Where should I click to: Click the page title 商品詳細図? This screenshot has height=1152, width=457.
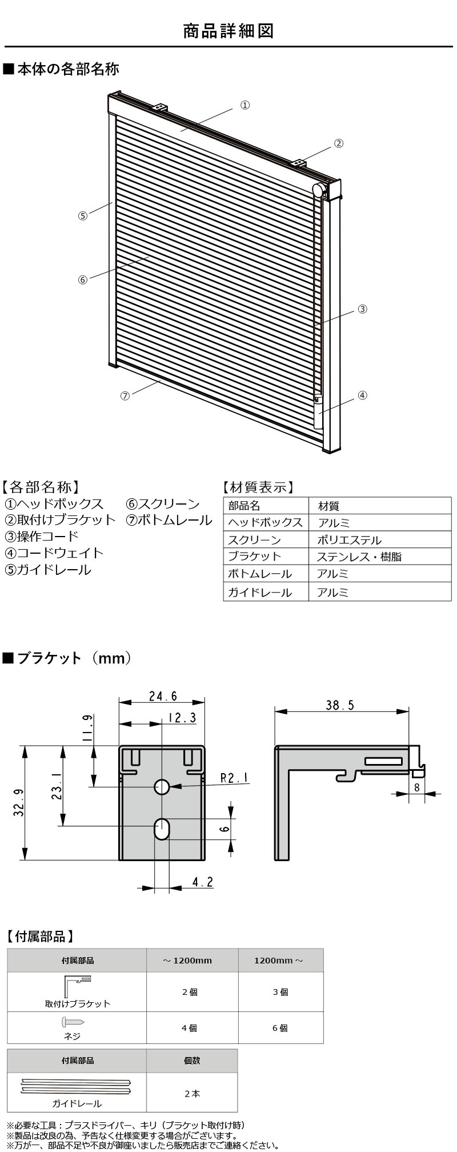[228, 30]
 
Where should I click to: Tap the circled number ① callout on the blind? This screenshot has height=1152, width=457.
[244, 105]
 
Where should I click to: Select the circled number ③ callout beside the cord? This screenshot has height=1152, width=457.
[362, 309]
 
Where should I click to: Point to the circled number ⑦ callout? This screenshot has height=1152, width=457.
[125, 396]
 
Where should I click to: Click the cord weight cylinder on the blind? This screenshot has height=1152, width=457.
[318, 412]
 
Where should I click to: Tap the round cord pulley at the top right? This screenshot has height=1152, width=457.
[319, 190]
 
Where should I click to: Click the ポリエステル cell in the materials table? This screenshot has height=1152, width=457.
[349, 539]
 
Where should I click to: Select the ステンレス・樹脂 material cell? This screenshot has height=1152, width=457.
[359, 557]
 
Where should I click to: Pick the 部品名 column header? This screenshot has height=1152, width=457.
[244, 506]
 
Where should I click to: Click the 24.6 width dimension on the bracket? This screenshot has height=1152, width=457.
[163, 696]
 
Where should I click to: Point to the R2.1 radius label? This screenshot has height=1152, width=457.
[234, 778]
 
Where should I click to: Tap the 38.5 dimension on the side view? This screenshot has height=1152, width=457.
[340, 705]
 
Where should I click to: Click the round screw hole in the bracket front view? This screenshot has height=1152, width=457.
[162, 787]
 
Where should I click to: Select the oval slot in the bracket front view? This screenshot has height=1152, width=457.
[162, 829]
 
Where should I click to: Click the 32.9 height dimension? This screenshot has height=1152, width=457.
[18, 802]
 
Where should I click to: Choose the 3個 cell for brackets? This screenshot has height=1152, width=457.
[280, 993]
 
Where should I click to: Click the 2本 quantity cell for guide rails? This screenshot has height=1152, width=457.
[192, 1094]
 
